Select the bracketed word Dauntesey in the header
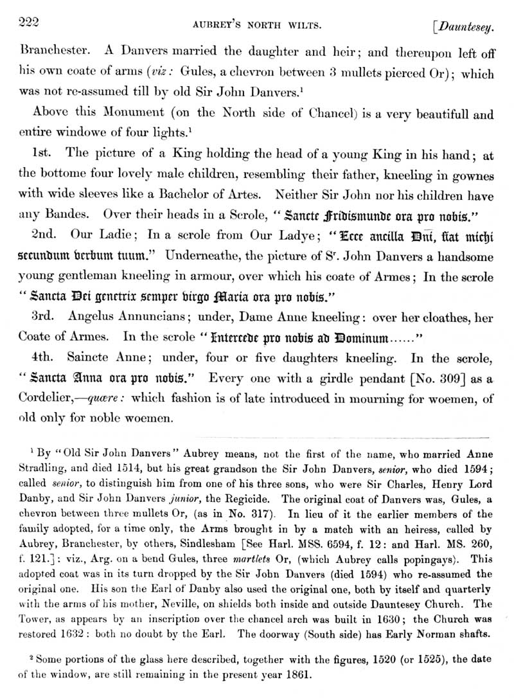click(x=467, y=27)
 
